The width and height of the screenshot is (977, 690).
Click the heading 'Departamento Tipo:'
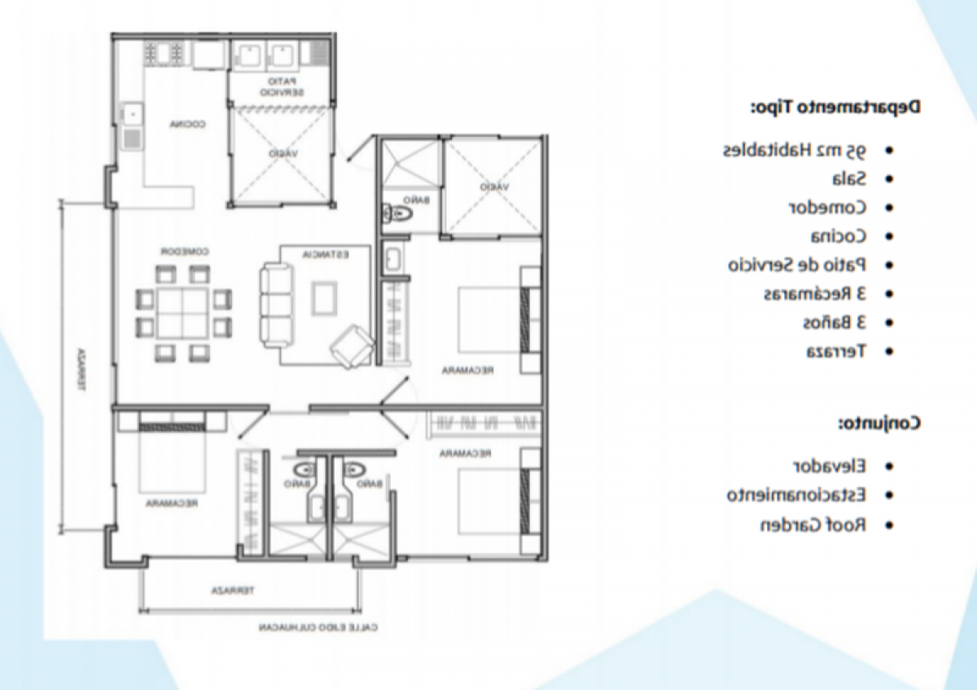(x=836, y=107)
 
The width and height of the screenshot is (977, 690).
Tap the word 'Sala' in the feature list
(x=851, y=178)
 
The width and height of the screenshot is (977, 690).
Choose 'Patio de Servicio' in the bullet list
(x=797, y=265)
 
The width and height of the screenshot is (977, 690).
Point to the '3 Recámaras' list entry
(x=815, y=293)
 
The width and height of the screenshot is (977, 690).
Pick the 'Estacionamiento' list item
(x=797, y=494)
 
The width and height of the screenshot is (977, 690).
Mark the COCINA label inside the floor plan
(x=186, y=125)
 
